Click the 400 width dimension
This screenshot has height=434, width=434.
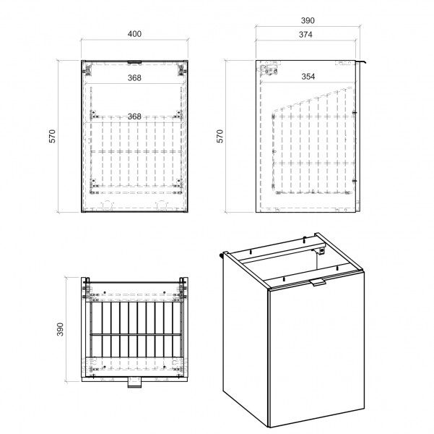(134, 34)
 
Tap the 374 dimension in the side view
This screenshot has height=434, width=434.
(305, 35)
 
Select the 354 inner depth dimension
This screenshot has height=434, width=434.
(308, 77)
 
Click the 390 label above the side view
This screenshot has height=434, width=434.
(308, 20)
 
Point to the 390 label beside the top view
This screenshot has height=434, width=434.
(60, 329)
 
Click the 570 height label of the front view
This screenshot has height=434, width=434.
(52, 136)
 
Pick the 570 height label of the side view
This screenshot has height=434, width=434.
(220, 136)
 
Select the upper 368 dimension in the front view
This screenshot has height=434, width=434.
(134, 78)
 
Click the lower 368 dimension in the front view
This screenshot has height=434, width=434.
(134, 116)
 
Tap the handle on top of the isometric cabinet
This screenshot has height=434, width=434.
(318, 283)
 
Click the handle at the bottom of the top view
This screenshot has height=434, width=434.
(134, 382)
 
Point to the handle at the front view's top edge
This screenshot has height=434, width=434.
(134, 62)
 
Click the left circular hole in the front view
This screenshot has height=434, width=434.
(108, 205)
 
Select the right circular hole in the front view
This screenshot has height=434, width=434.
(162, 205)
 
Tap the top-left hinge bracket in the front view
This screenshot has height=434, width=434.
(88, 69)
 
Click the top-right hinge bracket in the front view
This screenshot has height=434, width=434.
(181, 69)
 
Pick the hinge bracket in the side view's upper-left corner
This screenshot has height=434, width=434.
(269, 70)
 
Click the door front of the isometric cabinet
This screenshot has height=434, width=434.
(316, 349)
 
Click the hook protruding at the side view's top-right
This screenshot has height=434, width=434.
(361, 61)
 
